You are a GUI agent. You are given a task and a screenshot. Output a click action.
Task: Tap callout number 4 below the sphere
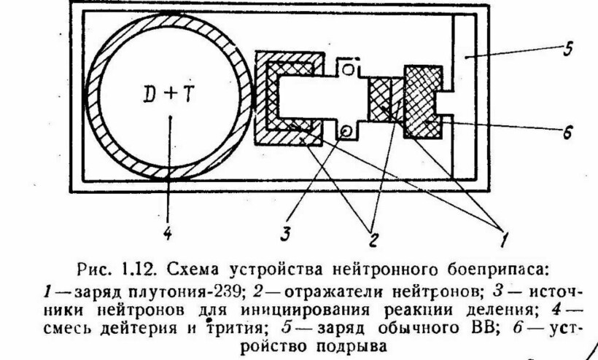(168, 234)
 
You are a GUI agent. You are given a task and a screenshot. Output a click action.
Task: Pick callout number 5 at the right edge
(566, 51)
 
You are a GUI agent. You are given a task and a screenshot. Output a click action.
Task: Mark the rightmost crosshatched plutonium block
(424, 101)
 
